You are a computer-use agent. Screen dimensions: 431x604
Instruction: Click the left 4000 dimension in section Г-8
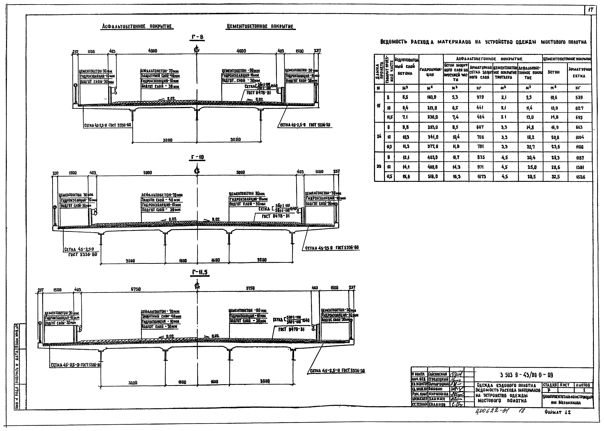(x=153, y=51)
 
